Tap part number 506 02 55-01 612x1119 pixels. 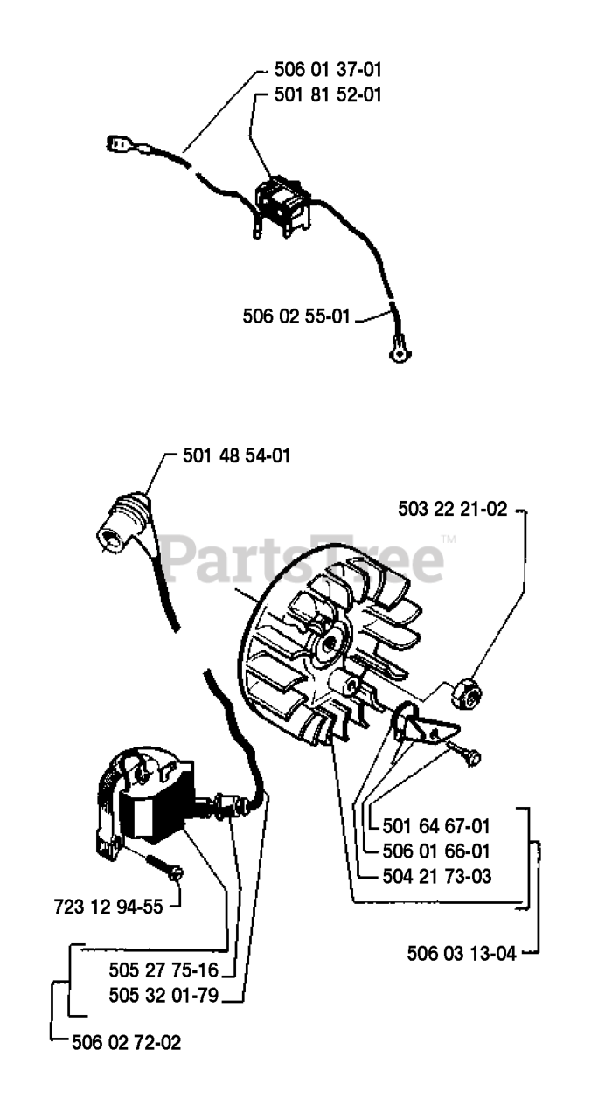296,316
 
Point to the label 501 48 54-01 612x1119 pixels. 237,455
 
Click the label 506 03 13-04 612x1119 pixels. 462,952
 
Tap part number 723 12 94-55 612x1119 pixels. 108,907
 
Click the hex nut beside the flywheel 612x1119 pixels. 464,695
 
